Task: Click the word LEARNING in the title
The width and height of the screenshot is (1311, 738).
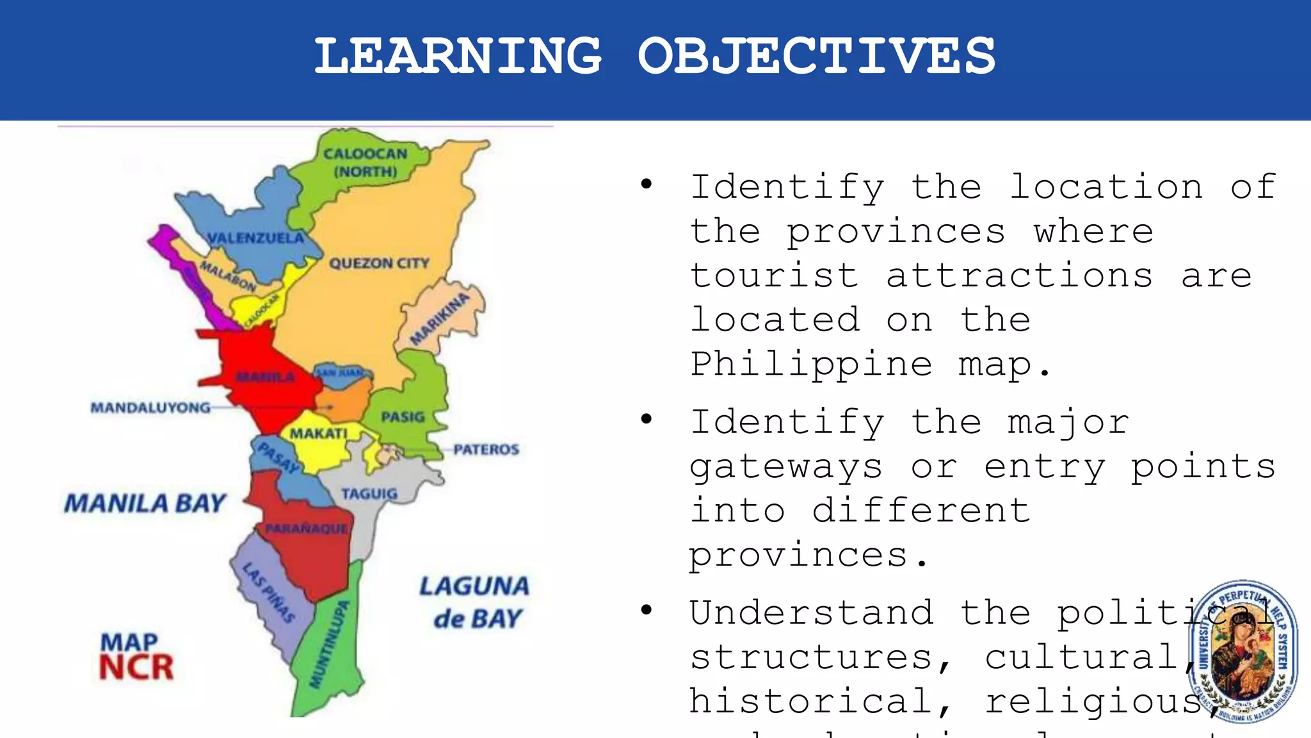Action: point(458,56)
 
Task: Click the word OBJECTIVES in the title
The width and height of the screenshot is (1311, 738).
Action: point(817,56)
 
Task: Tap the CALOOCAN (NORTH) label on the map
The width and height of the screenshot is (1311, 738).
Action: point(366,163)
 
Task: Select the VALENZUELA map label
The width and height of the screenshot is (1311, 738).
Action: point(255,238)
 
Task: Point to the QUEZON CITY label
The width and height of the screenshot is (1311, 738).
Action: point(379,263)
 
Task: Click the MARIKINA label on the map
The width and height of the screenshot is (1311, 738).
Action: point(440,319)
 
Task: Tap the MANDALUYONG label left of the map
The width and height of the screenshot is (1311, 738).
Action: point(150,407)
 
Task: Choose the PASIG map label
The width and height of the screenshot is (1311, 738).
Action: point(403,417)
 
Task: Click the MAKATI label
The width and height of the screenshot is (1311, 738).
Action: point(318,434)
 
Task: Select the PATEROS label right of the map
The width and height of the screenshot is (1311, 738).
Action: point(486,450)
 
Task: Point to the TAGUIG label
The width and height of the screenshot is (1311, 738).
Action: point(369,494)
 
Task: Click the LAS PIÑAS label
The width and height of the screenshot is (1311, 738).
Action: point(269,593)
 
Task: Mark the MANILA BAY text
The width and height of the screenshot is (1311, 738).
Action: point(145,504)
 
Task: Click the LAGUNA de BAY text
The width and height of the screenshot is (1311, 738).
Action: point(475,602)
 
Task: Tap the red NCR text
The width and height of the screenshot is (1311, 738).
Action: point(136,668)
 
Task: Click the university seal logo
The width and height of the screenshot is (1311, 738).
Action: point(1243,651)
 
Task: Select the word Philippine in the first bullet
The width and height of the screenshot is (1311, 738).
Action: point(810,365)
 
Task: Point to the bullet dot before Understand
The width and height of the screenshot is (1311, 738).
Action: point(647,609)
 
